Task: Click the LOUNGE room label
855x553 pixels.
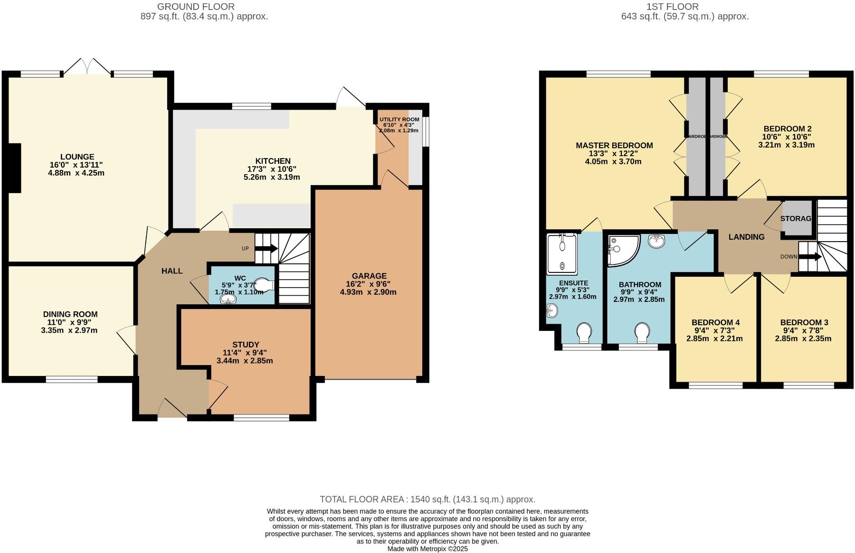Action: coord(77,157)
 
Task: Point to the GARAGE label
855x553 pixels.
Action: coord(369,276)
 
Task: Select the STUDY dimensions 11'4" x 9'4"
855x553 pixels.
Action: coord(245,352)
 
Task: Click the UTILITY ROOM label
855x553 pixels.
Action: coord(399,119)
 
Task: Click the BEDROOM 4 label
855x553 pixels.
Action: coord(715,322)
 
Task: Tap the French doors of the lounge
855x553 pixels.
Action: coord(87,67)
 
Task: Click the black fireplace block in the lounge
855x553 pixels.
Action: coord(14,168)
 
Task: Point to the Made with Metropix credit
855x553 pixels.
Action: coord(427,549)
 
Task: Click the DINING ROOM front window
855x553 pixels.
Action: coord(71,379)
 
